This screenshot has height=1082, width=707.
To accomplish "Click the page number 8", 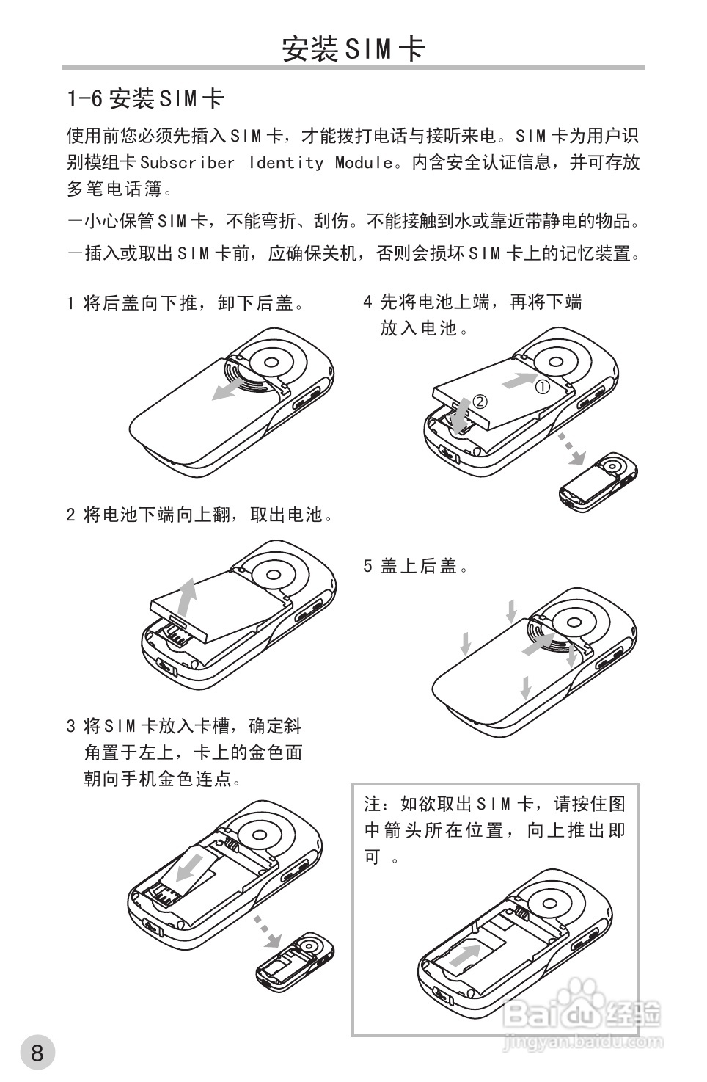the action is pos(37,1053).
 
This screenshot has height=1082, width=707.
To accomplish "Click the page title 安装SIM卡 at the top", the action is pos(353,48).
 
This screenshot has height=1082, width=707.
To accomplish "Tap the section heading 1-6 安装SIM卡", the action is pos(145,98).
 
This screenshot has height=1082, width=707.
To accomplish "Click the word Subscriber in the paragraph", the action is pos(187,162).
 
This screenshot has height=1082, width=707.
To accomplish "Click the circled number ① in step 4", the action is pos(542,386).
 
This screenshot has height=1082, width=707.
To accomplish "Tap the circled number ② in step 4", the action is pos(480,402).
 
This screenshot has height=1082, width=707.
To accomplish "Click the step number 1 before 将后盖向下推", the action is pos(70,303).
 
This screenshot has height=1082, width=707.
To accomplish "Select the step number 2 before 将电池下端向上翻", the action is pos(70,515).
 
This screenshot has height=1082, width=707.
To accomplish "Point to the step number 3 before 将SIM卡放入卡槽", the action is pos(70,727).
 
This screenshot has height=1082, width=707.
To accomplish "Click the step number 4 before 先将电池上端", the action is pos(368,302).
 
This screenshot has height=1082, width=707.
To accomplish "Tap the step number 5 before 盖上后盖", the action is pos(368,566).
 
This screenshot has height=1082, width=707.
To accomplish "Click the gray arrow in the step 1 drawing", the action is pos(233,388).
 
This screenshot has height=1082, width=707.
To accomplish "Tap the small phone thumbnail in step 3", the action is pos(295,962).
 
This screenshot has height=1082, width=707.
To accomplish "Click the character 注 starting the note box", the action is pos(373,804).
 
